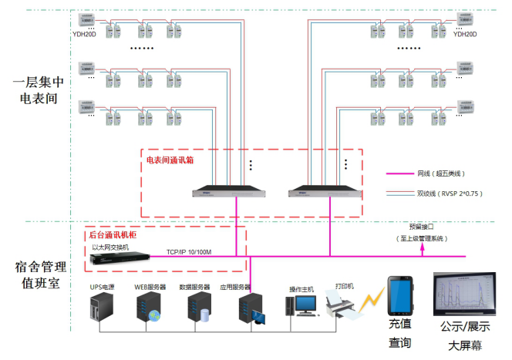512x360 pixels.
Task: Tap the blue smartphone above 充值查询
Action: [x=399, y=297]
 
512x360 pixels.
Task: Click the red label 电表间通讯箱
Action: [x=171, y=160]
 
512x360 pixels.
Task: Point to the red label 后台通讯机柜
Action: [x=113, y=234]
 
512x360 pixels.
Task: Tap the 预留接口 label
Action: [x=422, y=227]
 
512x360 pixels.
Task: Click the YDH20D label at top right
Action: [x=465, y=35]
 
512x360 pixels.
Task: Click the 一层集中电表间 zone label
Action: [x=39, y=89]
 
